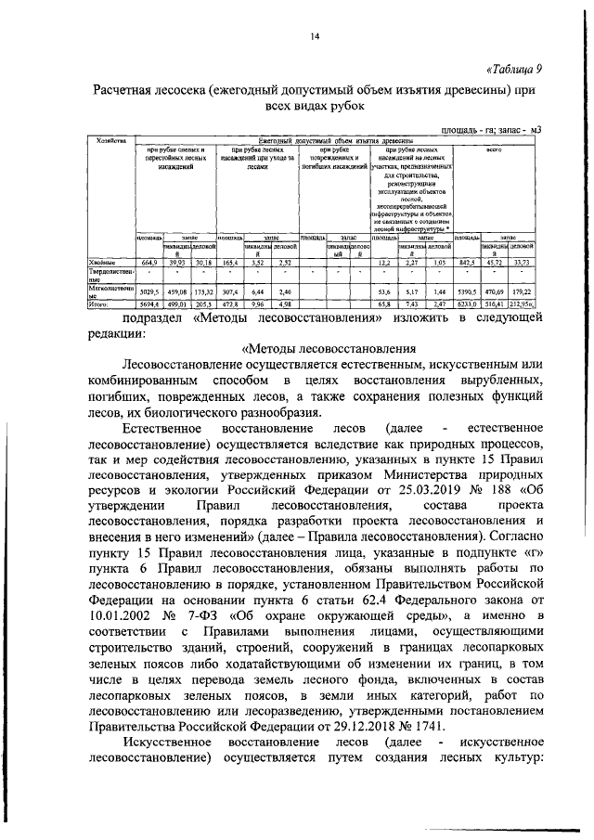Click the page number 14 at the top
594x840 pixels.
tap(315, 36)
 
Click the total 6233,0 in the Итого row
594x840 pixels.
tap(467, 304)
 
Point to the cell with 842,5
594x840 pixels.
tap(467, 264)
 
